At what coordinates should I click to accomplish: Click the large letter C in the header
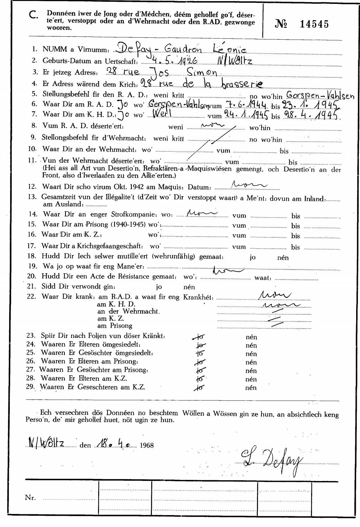click(33, 15)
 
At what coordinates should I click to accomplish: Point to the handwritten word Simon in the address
click(202, 72)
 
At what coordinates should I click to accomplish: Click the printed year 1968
click(147, 445)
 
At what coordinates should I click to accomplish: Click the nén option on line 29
click(251, 388)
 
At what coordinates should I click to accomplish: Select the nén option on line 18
click(283, 257)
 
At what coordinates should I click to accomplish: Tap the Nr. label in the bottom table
click(31, 497)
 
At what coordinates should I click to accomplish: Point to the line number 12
click(32, 187)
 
